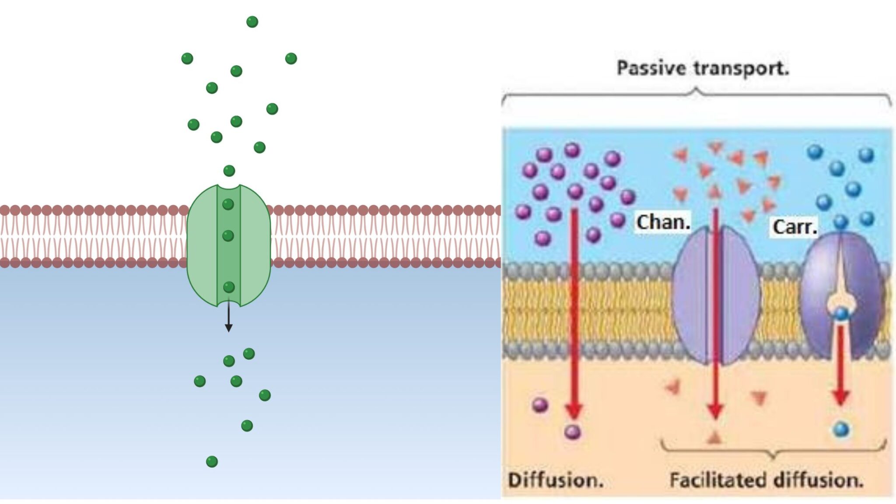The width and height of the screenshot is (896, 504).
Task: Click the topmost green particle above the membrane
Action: [x=252, y=21]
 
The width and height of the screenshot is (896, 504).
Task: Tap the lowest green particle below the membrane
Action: [x=212, y=461]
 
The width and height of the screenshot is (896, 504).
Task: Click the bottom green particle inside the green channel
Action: [x=229, y=287]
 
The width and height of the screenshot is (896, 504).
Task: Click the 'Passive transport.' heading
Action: [x=703, y=68]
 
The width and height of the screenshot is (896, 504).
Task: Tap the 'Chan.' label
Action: [x=663, y=222]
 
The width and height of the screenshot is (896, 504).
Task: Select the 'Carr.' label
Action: [x=794, y=227]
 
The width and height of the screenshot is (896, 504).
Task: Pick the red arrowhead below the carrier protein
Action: [x=840, y=396]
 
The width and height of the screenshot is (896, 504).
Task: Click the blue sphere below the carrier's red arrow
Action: [x=840, y=429]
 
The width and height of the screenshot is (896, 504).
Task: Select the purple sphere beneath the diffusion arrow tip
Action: [x=572, y=432]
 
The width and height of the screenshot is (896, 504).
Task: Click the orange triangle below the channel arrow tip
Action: [x=714, y=437]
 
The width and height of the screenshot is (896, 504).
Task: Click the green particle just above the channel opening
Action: [x=229, y=170]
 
